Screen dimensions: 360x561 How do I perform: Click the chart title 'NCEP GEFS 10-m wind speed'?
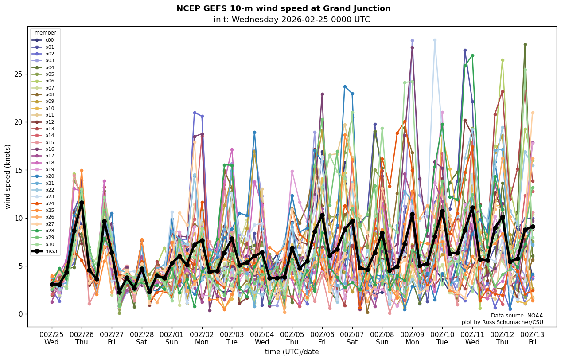pos(283,8)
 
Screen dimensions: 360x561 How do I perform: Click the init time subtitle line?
pos(292,20)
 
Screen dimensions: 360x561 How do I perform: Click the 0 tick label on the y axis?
pos(20,314)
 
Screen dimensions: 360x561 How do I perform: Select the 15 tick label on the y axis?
pos(18,170)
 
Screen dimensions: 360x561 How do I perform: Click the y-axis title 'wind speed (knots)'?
pos(8,176)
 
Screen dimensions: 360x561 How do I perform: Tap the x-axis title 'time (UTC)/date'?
pos(292,352)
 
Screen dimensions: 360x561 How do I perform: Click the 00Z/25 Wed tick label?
pos(51,338)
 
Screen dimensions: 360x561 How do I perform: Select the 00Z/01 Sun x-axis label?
pos(172,338)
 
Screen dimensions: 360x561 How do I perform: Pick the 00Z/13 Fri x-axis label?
pos(532,338)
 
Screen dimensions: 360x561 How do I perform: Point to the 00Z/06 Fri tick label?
pos(322,338)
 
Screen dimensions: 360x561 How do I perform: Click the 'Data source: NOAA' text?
pos(517,316)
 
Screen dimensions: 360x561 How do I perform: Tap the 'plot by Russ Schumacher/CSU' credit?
pos(502,322)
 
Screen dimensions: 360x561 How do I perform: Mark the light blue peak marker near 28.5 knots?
pos(435,40)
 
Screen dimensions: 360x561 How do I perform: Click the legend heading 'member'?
pos(45,33)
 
